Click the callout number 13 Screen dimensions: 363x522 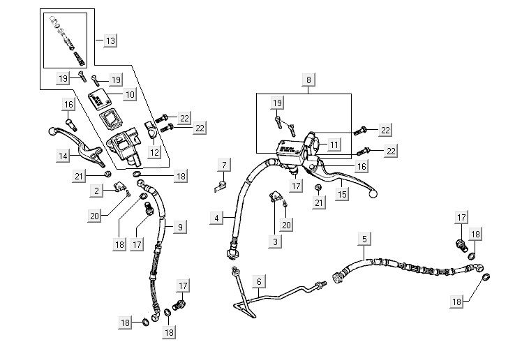pos(110,40)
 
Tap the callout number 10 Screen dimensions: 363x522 pos(130,94)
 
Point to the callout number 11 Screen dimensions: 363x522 pos(334,145)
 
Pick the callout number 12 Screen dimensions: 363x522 pos(154,151)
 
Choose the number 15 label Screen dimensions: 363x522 pos(342,193)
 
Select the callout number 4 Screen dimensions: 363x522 pos(218,218)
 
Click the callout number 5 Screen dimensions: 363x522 pos(364,239)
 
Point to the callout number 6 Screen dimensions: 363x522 pos(258,282)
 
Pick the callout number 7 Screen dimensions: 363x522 pos(224,165)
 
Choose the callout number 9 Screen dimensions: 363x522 pos(179,227)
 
